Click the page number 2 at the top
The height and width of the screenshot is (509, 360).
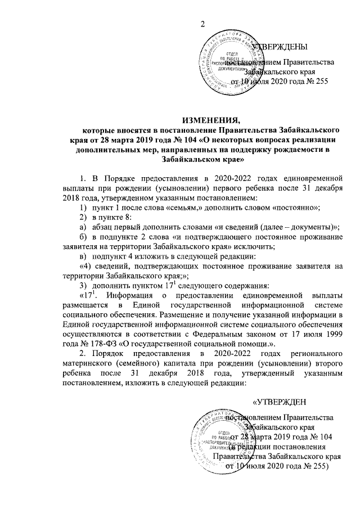[x=204, y=23]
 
